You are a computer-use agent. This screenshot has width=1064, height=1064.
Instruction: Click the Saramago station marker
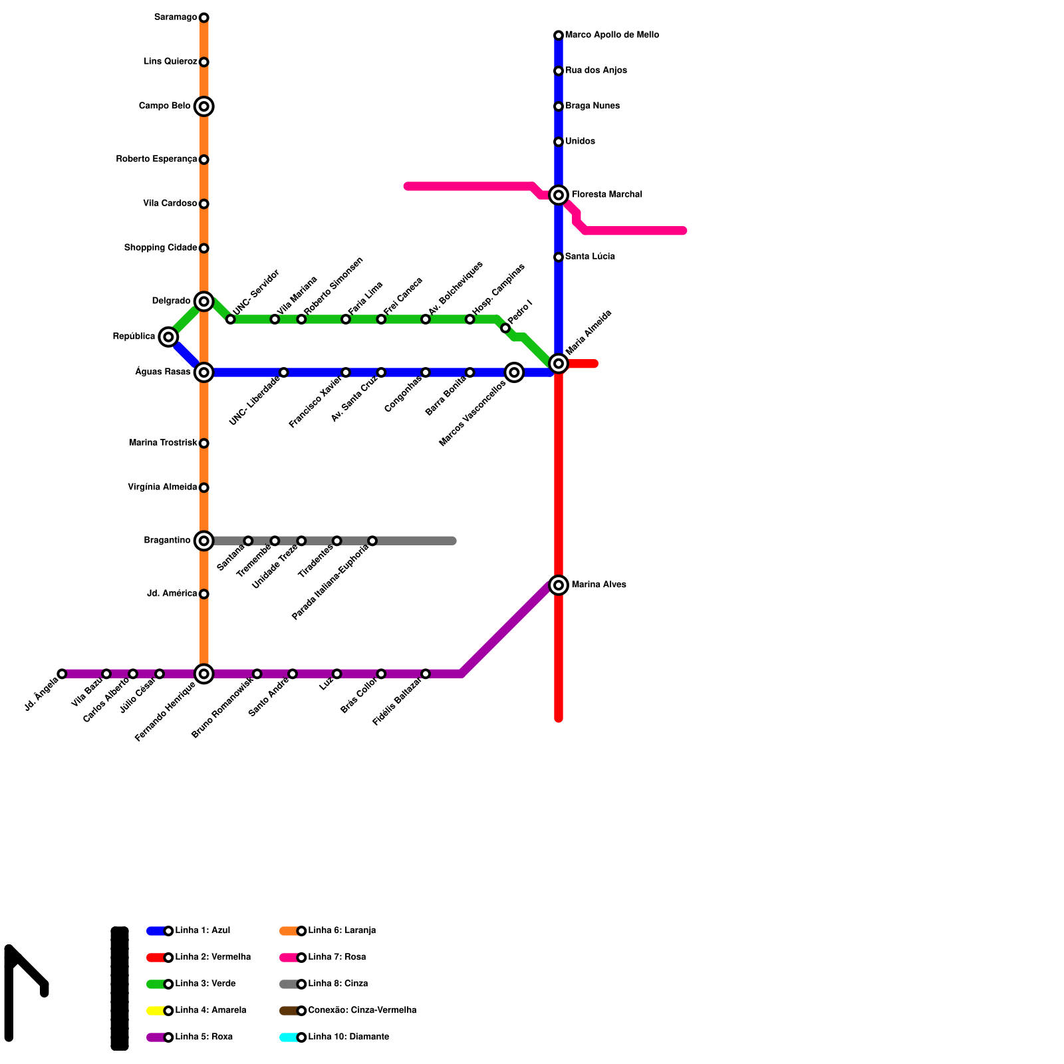(x=204, y=17)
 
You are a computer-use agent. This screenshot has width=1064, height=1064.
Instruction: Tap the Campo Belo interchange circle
(x=204, y=106)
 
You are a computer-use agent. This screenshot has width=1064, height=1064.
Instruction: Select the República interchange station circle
(x=169, y=337)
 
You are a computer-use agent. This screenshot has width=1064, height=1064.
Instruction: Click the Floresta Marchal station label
(x=606, y=195)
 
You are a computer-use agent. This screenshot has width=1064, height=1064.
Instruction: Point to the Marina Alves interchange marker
(x=559, y=585)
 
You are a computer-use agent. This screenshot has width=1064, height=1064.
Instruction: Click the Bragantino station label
(x=167, y=541)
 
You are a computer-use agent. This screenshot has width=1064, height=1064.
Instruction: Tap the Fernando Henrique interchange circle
(x=204, y=674)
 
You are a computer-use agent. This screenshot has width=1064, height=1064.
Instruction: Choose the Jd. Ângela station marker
(x=63, y=674)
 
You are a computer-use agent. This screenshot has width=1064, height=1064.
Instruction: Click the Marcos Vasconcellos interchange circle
(x=514, y=372)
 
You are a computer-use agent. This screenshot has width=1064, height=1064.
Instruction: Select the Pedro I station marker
(x=505, y=329)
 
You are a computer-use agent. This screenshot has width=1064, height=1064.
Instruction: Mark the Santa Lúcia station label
(x=590, y=257)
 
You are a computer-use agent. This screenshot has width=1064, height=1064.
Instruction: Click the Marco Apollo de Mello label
(x=612, y=35)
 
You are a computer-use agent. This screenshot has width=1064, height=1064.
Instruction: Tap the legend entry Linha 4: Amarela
(x=210, y=1011)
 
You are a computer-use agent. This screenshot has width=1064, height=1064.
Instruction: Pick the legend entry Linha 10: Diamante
(x=348, y=1037)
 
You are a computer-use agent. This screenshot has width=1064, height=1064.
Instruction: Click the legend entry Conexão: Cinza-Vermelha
(x=362, y=1011)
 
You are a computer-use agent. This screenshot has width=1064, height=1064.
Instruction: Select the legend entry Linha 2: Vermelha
(x=213, y=958)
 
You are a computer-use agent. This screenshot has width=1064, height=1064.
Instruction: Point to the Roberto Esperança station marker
(x=204, y=160)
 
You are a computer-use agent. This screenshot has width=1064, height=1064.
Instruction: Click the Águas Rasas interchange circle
(x=204, y=372)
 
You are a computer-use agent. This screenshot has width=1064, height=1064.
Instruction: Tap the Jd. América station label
(x=172, y=594)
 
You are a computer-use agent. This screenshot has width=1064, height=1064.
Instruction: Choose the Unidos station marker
(x=559, y=142)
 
